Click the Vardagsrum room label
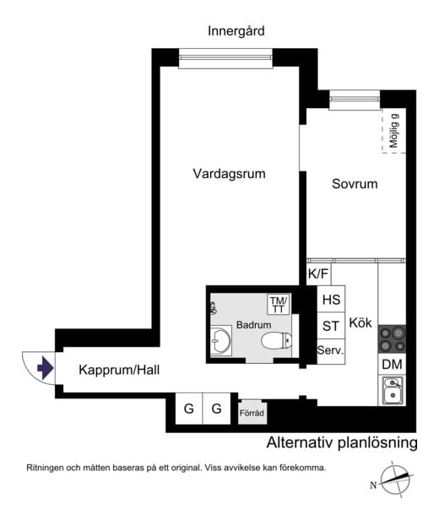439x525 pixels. point(229,175)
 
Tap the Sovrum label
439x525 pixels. point(354,183)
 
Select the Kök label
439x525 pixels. point(360,322)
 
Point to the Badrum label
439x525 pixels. point(253,324)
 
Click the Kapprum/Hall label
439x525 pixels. point(119,370)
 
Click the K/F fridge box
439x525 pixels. point(318,273)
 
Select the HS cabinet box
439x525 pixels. point(331,300)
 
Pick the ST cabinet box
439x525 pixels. point(331,326)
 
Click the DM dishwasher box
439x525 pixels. point(391,364)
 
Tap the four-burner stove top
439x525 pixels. point(391,338)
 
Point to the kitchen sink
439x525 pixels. point(392,391)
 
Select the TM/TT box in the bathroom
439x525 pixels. point(278,303)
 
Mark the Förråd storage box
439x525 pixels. point(252,413)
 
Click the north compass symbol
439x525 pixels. point(393,479)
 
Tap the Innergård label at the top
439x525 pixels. point(236,31)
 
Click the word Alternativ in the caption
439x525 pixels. point(296,442)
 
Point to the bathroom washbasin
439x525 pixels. point(222,341)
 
